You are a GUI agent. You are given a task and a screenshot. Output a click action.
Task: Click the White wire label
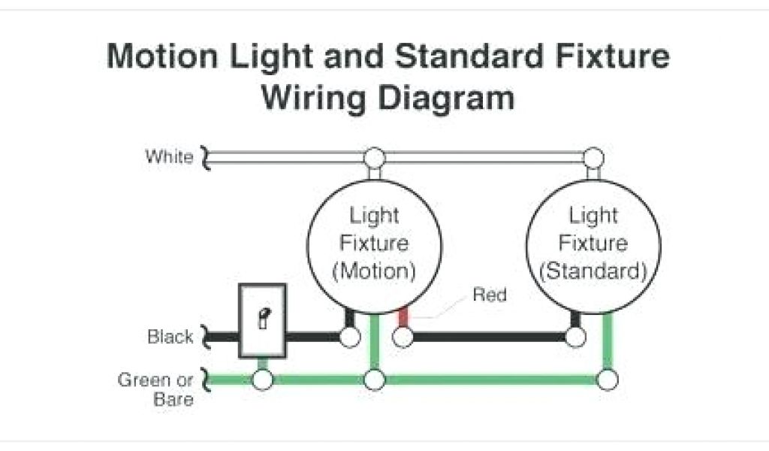point(169,157)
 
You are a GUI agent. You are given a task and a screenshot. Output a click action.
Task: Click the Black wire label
point(170,337)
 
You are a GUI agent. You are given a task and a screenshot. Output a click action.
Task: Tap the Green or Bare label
point(155,389)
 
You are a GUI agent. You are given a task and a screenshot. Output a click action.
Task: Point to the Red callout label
point(490,295)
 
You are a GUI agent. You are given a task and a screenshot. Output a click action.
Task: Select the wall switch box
point(262,320)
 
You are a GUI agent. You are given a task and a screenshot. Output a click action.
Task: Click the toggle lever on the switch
point(263,319)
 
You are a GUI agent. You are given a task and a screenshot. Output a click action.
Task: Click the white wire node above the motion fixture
point(374,158)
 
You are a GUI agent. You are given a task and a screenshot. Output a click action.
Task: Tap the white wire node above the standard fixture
point(594,158)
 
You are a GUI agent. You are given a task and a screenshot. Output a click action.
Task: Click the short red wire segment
point(403,316)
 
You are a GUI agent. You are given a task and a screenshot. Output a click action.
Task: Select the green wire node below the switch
point(262,380)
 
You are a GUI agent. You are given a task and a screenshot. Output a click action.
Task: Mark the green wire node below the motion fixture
point(374,380)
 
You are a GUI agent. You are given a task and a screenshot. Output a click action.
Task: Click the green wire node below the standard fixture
point(608,380)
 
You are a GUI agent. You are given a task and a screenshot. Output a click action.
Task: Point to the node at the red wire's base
point(403,337)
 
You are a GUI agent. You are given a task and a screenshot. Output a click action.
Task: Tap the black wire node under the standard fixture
point(575,337)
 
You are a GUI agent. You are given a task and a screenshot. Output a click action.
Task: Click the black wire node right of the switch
point(349,337)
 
